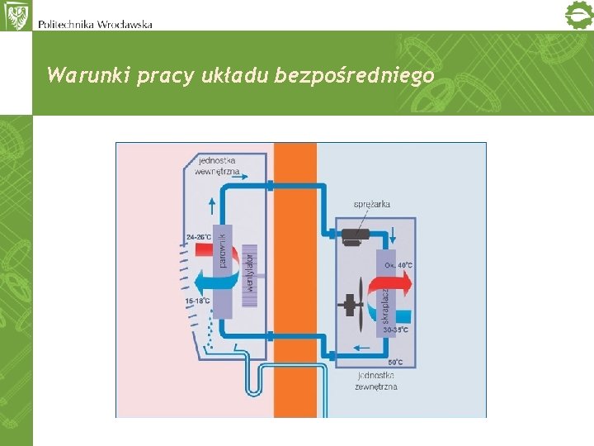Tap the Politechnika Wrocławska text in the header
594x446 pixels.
click(x=95, y=23)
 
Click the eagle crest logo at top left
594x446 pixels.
click(x=16, y=16)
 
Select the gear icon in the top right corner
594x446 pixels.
click(x=577, y=16)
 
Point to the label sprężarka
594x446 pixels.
click(x=372, y=203)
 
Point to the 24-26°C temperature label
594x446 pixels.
click(x=199, y=237)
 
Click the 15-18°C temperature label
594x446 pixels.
click(x=198, y=301)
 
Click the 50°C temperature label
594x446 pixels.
click(x=395, y=362)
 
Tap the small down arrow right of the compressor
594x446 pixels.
click(x=393, y=233)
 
